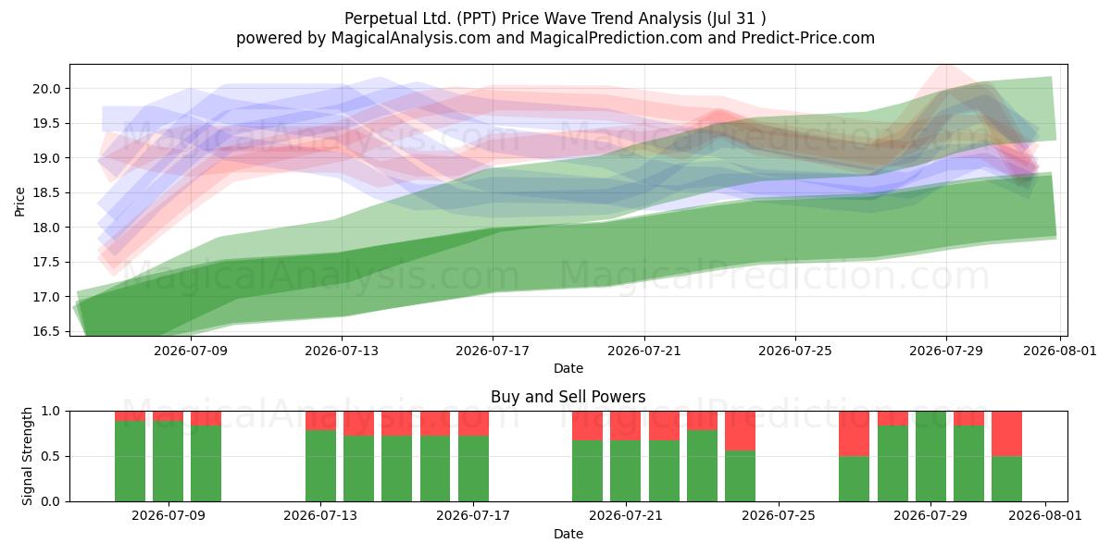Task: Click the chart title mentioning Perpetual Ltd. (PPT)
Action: tap(555, 18)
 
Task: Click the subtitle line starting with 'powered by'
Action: tap(555, 38)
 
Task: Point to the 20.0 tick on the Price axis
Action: tap(46, 89)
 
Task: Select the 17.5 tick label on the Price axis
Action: tap(46, 263)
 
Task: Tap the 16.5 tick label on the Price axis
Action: tap(46, 332)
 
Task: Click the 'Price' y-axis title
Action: tap(19, 203)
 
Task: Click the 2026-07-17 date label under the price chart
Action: tap(493, 351)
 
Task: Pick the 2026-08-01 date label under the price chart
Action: tap(1060, 351)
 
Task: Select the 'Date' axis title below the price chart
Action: tap(568, 368)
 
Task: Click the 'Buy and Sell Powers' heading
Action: tap(568, 397)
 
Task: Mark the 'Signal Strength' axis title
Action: tap(27, 456)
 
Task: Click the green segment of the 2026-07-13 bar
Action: tap(320, 466)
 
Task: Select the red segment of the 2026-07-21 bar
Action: tap(626, 425)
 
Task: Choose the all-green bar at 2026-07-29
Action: tap(931, 456)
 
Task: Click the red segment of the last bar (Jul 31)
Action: tap(1007, 434)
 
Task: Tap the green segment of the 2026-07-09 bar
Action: tap(169, 462)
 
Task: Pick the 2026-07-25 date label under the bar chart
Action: tap(779, 516)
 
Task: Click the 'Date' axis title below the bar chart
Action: tap(568, 534)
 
